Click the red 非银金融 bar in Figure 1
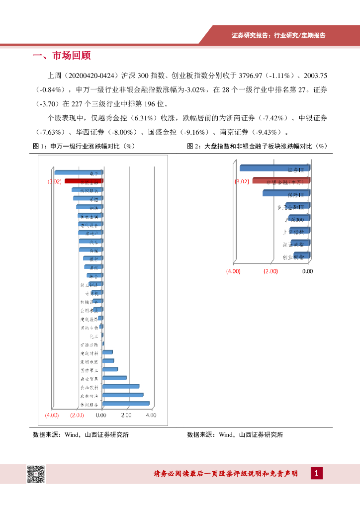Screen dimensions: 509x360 84,181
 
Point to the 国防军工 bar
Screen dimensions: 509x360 110,369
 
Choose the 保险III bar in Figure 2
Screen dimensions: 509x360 286,193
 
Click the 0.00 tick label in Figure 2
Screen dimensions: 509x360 307,271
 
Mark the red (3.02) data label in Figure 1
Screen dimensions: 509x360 54,182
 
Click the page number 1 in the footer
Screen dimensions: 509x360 316,473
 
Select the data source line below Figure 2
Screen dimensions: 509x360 235,434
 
